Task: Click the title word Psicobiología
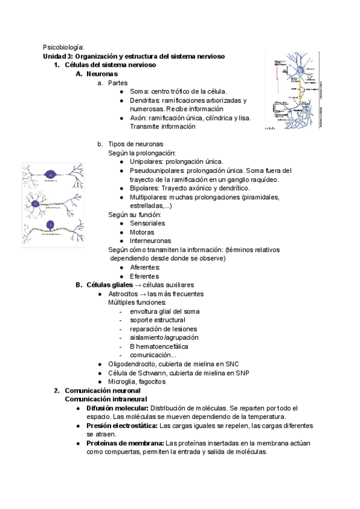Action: pos(63,47)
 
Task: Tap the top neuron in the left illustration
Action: pos(50,175)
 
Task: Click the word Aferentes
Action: pos(144,267)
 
